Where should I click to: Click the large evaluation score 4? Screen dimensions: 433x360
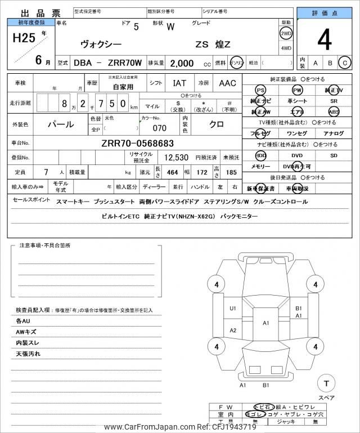click(x=324, y=41)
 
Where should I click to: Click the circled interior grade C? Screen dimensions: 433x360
click(x=344, y=63)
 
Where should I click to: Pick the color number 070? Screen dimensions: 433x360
click(x=160, y=128)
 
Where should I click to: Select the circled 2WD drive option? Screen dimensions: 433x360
click(x=286, y=34)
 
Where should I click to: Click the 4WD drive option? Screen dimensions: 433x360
click(x=286, y=48)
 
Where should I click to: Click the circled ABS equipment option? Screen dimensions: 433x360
click(x=334, y=111)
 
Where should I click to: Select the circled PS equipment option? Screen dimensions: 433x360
click(x=260, y=90)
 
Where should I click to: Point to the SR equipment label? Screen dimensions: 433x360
click(x=334, y=101)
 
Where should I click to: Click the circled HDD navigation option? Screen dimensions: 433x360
click(x=260, y=155)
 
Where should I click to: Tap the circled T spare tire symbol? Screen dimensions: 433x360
click(x=326, y=383)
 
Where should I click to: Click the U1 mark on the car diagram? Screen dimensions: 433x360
click(x=233, y=308)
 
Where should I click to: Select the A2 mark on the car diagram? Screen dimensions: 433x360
click(x=233, y=330)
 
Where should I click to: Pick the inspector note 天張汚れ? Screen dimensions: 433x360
click(x=28, y=354)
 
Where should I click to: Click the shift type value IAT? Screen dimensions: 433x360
click(x=179, y=83)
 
